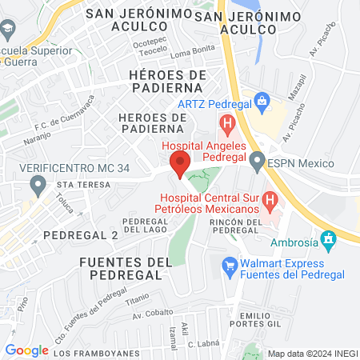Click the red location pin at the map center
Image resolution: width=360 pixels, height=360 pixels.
coord(180,164)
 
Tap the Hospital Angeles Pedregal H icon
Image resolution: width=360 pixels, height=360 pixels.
coord(228,124)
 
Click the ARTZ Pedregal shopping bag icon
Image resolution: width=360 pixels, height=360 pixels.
coord(261,102)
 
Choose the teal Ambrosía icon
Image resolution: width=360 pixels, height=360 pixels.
coord(327,238)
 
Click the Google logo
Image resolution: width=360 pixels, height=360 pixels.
coord(26,350)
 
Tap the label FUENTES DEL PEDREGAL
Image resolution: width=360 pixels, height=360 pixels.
coord(126,270)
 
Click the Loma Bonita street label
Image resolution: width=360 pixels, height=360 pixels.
coord(189,53)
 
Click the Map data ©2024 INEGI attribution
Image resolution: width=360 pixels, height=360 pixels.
coord(311,353)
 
